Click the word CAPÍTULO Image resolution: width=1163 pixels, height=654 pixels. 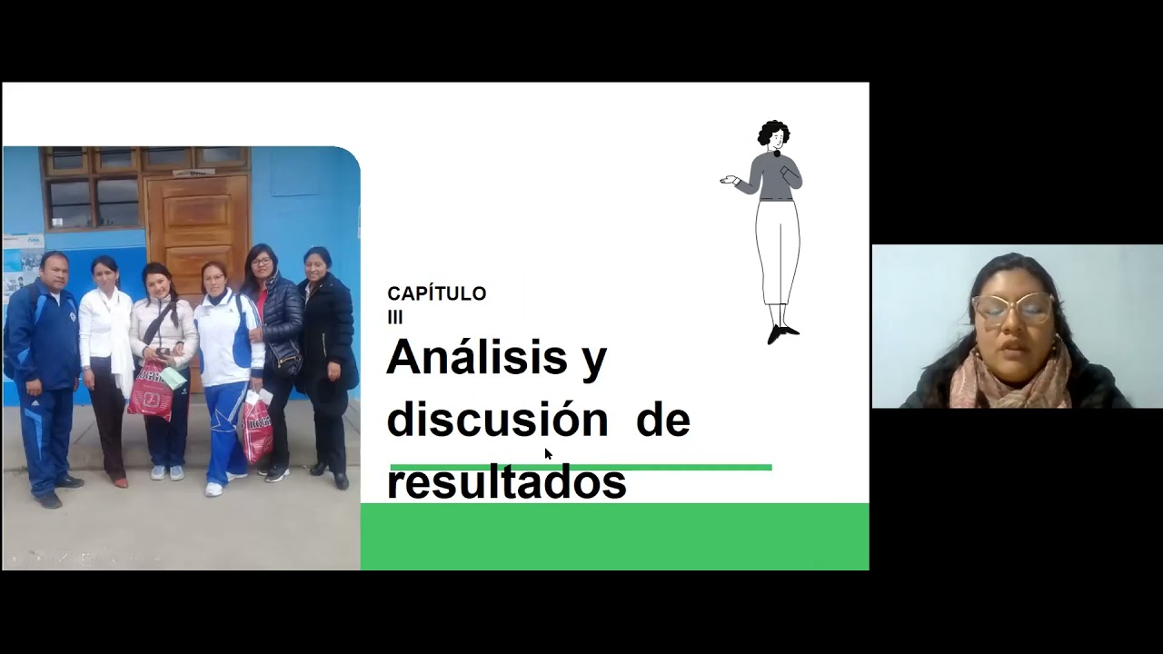point(436,293)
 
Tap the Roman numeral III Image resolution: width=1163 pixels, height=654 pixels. point(394,317)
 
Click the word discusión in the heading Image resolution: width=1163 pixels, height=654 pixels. point(497,420)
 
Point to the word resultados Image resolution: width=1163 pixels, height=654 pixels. point(506,482)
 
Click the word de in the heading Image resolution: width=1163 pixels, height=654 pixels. point(662,420)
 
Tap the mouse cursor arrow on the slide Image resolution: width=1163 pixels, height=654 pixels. point(548,454)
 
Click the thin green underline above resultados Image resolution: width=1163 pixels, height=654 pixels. point(691,467)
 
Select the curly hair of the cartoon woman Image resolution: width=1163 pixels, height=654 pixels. point(773,132)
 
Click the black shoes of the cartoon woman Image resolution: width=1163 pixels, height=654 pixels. point(781,333)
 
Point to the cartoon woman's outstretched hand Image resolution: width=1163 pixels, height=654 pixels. point(727,180)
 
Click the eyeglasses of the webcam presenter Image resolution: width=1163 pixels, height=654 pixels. point(1012,308)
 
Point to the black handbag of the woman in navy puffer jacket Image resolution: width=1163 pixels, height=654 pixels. point(285,359)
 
